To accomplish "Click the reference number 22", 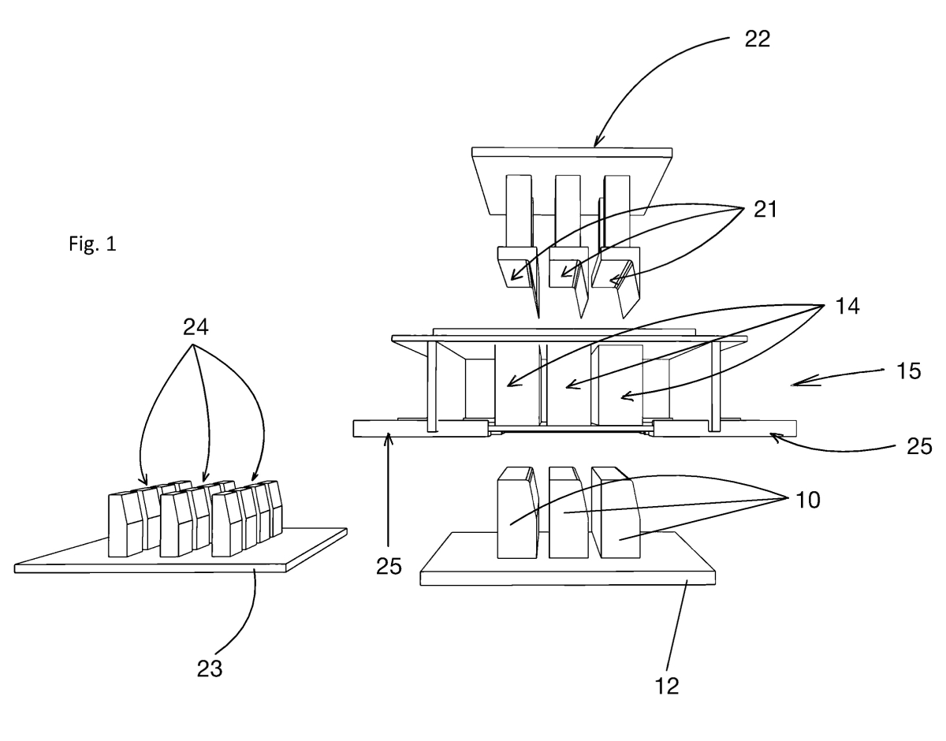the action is tap(758, 39).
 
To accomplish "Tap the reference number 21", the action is tap(765, 209).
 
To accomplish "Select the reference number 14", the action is tap(847, 306).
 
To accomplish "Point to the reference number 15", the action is tap(909, 371).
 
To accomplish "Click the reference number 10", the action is tap(808, 500).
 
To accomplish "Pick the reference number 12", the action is tap(667, 686).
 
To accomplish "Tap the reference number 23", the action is tap(210, 668).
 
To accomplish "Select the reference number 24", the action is tap(196, 327).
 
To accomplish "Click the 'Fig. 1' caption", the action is tap(93, 244).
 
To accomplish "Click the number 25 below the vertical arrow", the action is tap(389, 566).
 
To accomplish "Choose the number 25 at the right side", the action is tap(919, 446).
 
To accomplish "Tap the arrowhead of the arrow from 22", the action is tap(598, 142).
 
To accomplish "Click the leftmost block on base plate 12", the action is tap(518, 513).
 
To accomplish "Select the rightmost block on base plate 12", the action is tap(616, 513).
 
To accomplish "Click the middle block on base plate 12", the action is tap(568, 513).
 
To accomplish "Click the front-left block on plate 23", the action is tap(125, 525).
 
